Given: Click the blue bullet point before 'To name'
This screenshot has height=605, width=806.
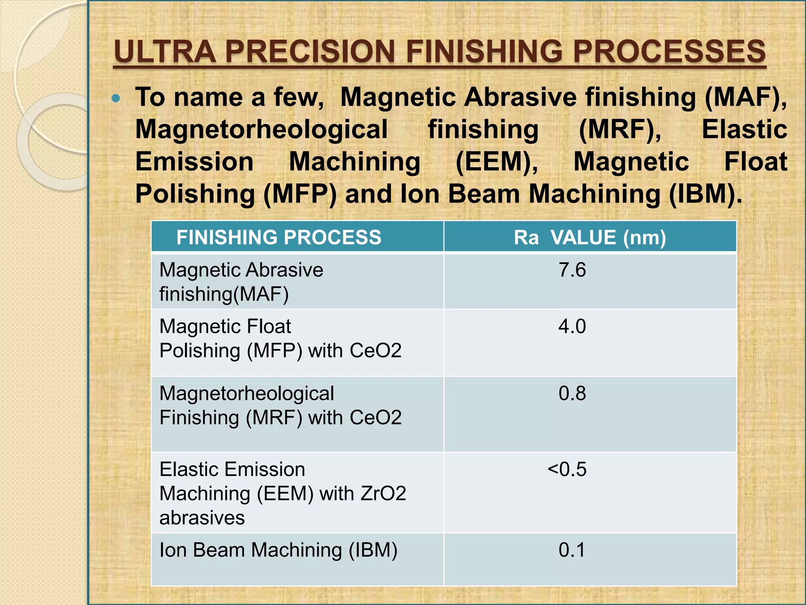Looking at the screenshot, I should (x=116, y=98).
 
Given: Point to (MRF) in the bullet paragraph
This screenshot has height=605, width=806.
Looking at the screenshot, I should (x=619, y=130).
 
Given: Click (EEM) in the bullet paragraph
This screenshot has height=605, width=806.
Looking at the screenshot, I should (x=497, y=162).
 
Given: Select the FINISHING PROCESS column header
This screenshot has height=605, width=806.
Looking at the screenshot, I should (x=279, y=238).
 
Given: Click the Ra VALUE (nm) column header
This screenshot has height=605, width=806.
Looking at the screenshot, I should (x=590, y=238).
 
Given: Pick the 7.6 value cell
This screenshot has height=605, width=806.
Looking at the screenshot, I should (x=572, y=270).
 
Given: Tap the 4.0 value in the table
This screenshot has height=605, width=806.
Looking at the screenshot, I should (x=572, y=327).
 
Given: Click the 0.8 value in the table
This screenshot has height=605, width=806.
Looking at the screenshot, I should (x=572, y=393).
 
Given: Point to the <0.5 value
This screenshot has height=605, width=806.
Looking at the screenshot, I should (x=567, y=470).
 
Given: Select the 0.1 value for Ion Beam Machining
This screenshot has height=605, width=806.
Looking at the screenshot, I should (x=572, y=550).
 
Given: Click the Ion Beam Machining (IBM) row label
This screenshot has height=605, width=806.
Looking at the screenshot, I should (x=278, y=550).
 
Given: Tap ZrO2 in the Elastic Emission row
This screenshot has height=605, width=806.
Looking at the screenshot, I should (x=383, y=494).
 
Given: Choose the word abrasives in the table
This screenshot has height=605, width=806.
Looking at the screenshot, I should (x=202, y=518).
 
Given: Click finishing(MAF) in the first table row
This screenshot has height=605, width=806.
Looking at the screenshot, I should (x=224, y=294).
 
